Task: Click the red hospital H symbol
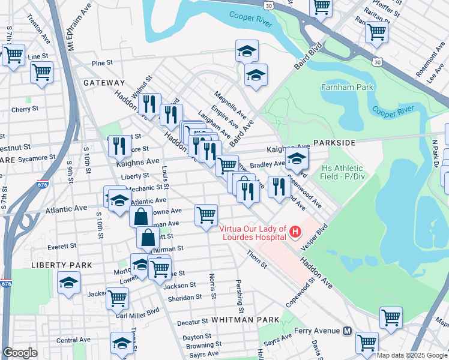[x=295, y=231]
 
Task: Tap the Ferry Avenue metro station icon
[x=347, y=331]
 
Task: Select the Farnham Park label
[x=347, y=87]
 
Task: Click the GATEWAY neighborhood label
[x=104, y=83]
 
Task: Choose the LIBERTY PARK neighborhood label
[x=62, y=265]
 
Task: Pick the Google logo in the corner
[x=20, y=353]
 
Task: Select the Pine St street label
[x=102, y=62]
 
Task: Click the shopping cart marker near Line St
[x=41, y=72]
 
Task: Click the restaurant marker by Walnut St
[x=149, y=103]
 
